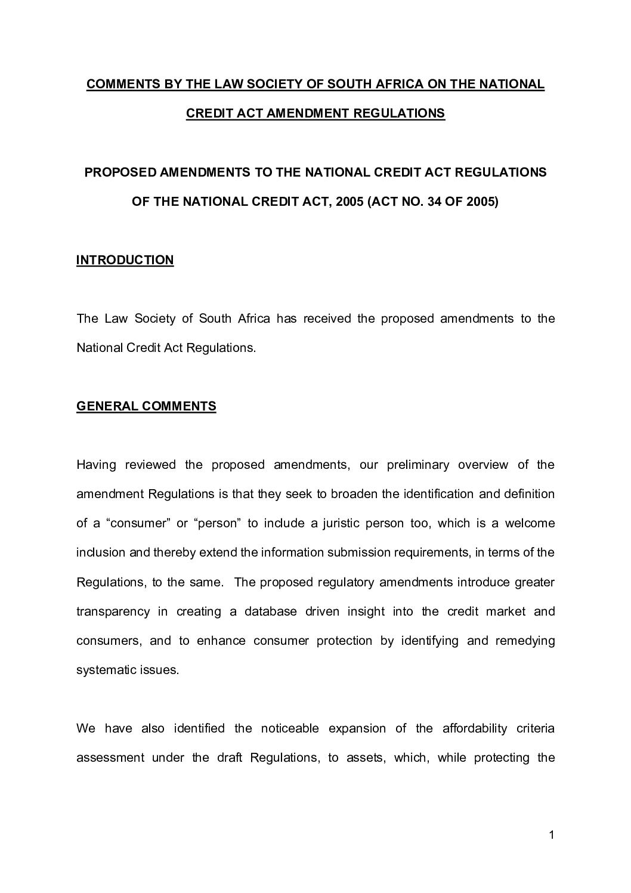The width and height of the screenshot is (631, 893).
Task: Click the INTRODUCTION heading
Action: (125, 260)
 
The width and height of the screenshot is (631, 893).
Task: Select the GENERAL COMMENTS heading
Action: (146, 406)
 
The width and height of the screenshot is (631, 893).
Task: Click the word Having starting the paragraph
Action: (96, 465)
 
